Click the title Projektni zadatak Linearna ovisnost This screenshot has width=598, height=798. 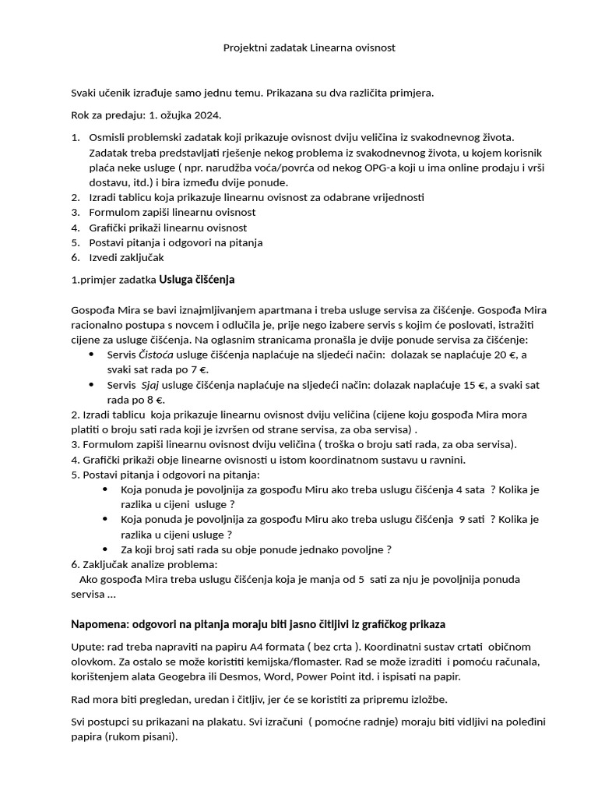click(x=309, y=48)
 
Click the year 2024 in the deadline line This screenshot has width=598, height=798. click(x=208, y=115)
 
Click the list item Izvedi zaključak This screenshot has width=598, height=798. click(x=127, y=257)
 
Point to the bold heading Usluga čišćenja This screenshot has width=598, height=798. click(x=197, y=279)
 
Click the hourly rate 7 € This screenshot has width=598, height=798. click(x=201, y=369)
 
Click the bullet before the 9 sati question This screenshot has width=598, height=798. click(x=105, y=519)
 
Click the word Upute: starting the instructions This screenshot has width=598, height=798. click(x=86, y=647)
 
